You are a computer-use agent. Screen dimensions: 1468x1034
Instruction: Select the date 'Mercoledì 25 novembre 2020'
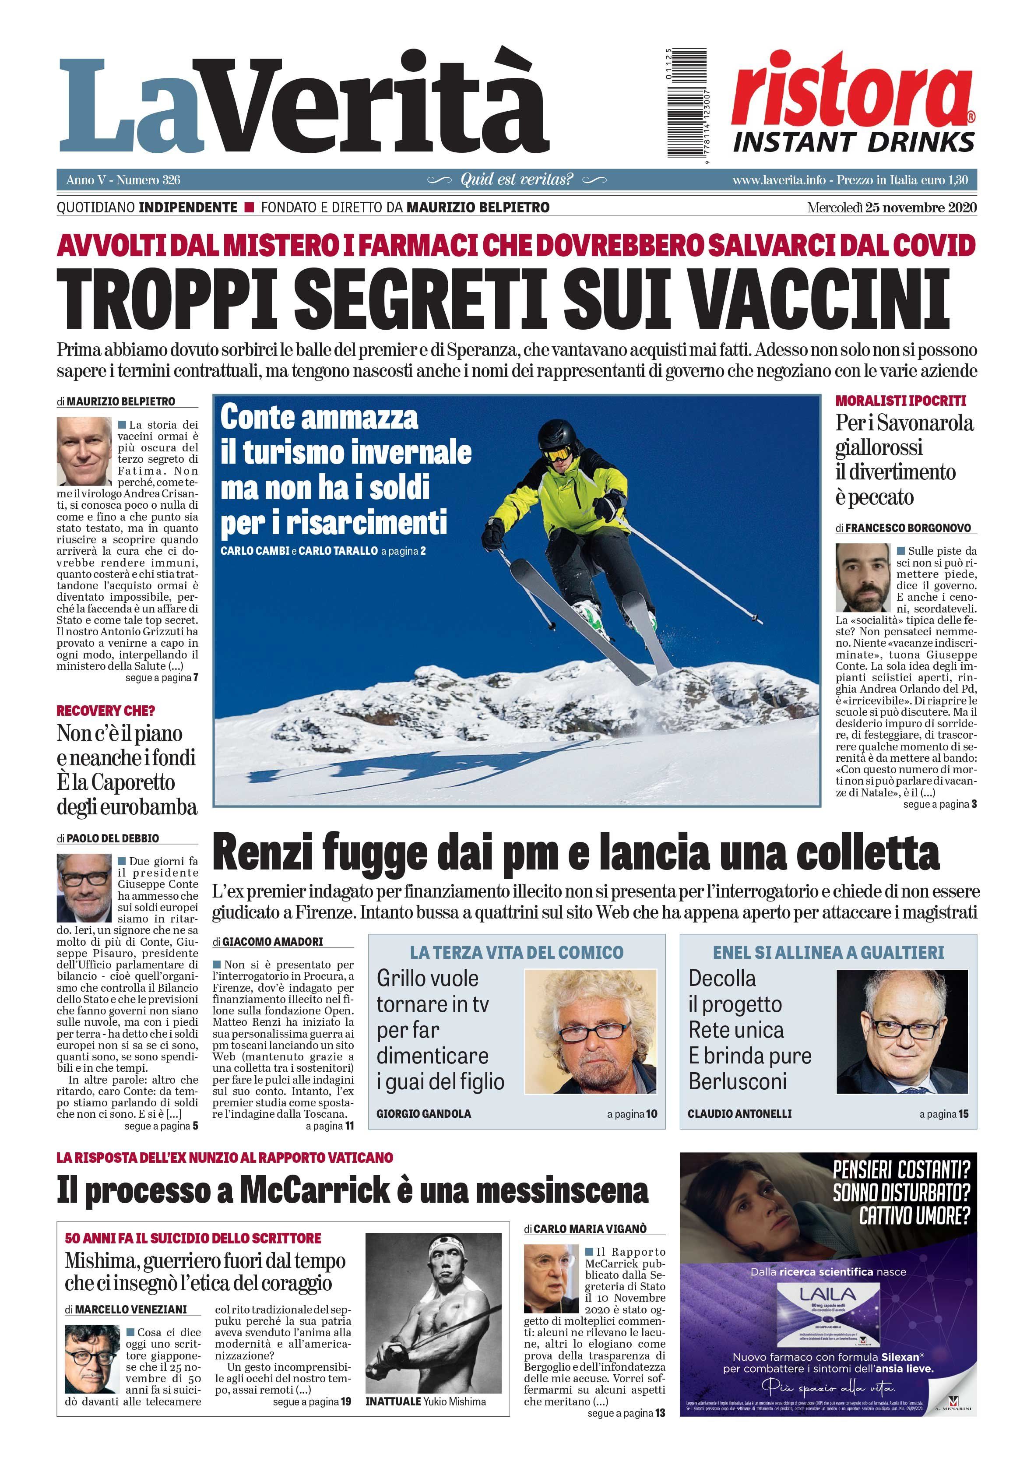point(891,208)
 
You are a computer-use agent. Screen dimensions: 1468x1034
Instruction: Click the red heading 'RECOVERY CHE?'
point(106,710)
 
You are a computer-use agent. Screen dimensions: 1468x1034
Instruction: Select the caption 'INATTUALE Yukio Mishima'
point(425,1401)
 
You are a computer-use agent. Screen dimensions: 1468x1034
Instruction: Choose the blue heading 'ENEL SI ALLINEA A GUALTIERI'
point(828,953)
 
